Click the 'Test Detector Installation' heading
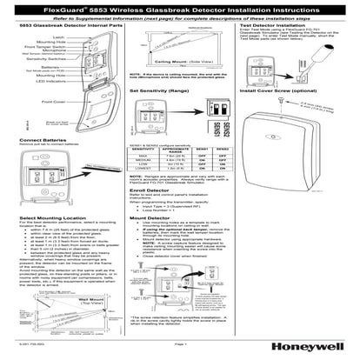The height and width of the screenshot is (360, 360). point(269,28)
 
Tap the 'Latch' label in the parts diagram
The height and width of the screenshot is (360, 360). point(36,39)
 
